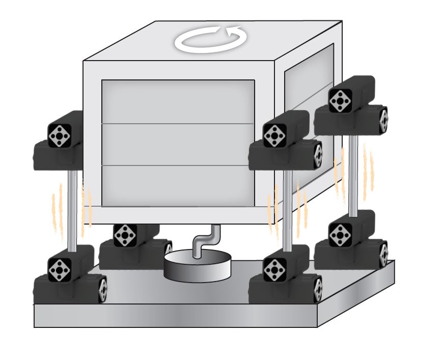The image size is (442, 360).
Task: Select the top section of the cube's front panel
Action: [x=178, y=102]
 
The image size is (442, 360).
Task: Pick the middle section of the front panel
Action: [x=178, y=144]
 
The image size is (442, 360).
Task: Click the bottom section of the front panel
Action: [x=178, y=185]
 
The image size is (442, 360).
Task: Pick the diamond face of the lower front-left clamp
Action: [x=60, y=268]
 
